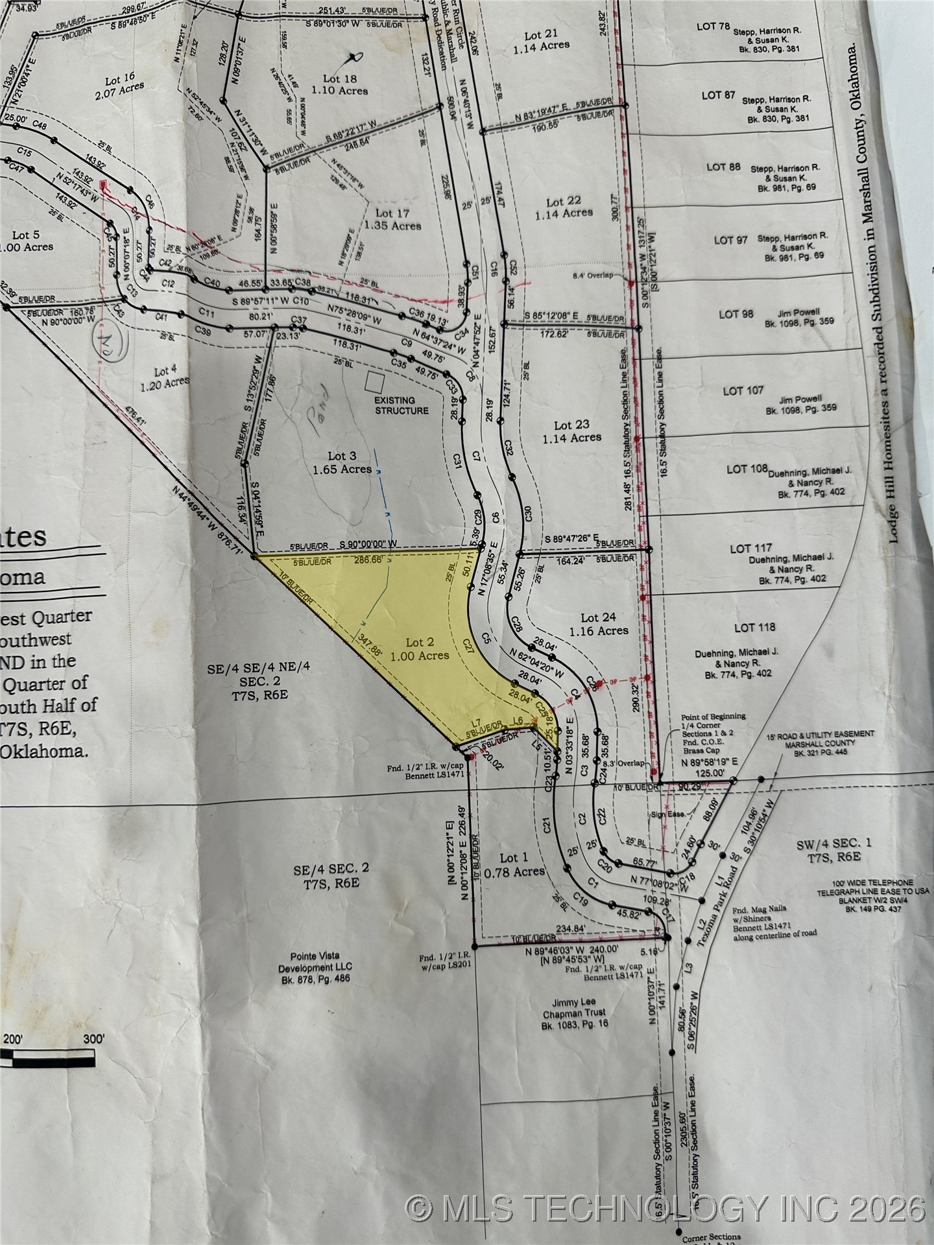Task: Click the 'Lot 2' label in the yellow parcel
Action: pyautogui.click(x=420, y=643)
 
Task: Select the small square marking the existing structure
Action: pyautogui.click(x=373, y=382)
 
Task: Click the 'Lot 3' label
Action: pyautogui.click(x=341, y=456)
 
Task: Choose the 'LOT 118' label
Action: pyautogui.click(x=754, y=628)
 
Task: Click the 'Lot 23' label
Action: pyautogui.click(x=571, y=425)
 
